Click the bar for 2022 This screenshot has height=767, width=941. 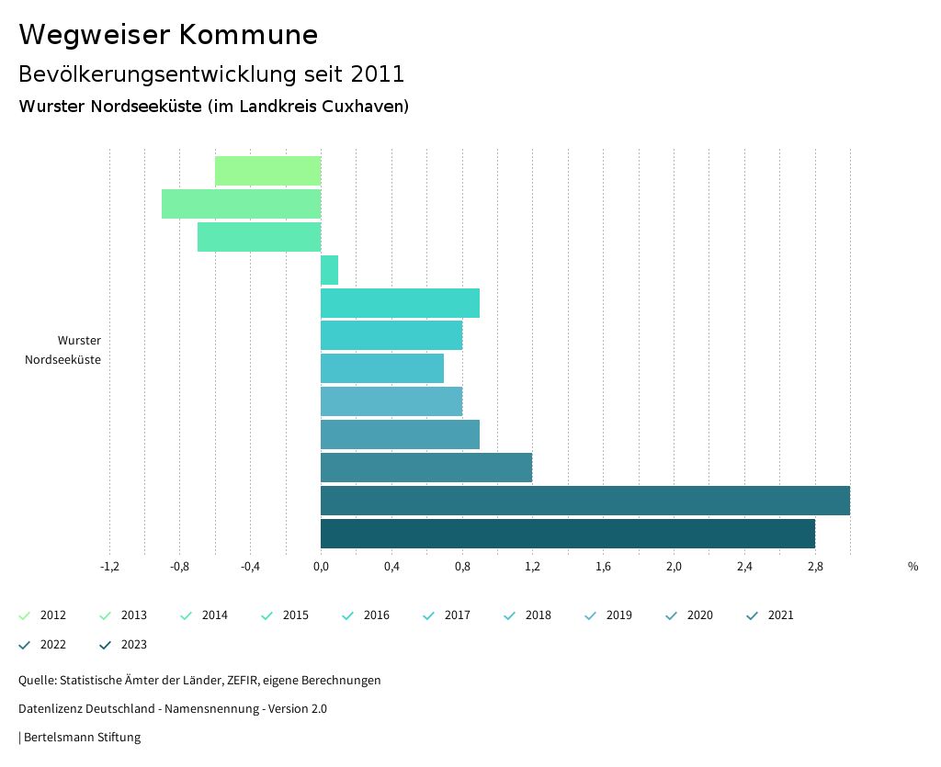point(584,501)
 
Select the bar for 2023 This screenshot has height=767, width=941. point(567,534)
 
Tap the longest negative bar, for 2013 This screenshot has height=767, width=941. point(241,204)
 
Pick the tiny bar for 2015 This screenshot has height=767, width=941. point(329,270)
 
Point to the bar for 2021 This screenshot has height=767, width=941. point(425,468)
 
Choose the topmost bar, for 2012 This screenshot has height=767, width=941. point(267,171)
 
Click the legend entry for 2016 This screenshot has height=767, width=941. point(376,615)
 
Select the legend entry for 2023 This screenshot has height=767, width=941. point(133,645)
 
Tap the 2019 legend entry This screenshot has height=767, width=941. point(618,615)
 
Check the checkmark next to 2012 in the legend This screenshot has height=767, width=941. point(25,615)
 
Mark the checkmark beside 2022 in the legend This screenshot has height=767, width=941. point(25,645)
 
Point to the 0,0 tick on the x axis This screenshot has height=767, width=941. point(321,567)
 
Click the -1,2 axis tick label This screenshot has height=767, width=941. point(109,567)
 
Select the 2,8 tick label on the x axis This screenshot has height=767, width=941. point(815,567)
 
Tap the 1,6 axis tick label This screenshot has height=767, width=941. point(603,567)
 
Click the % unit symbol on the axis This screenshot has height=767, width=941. point(913,567)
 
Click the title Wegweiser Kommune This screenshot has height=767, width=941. point(168,35)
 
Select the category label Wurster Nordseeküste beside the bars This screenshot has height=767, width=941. point(63,350)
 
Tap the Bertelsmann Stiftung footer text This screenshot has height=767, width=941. point(82,737)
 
